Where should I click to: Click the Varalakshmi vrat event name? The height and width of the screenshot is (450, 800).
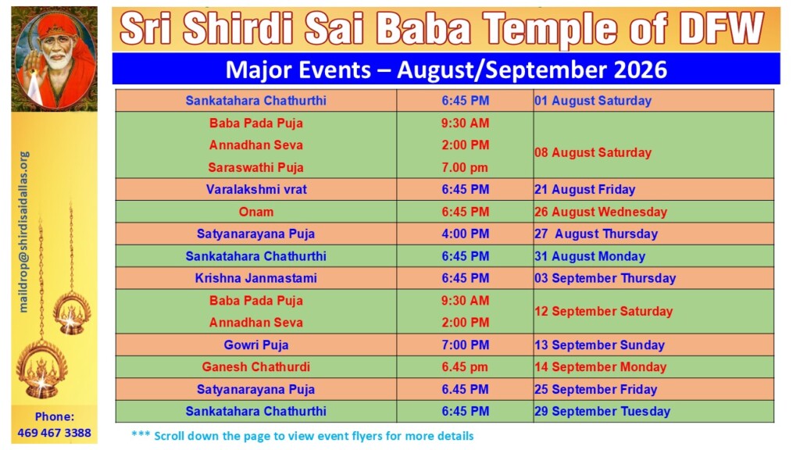pyautogui.click(x=256, y=189)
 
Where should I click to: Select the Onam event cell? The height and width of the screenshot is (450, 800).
pyautogui.click(x=256, y=212)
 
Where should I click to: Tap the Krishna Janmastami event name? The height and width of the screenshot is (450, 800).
pyautogui.click(x=256, y=278)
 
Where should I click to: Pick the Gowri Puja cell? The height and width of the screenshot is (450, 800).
pyautogui.click(x=256, y=345)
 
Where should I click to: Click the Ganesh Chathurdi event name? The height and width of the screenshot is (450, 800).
pyautogui.click(x=256, y=367)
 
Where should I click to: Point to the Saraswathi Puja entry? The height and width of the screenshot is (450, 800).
pyautogui.click(x=256, y=167)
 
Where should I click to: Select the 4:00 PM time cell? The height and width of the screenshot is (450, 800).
pyautogui.click(x=466, y=234)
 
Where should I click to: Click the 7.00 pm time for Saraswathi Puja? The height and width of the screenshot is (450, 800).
pyautogui.click(x=466, y=167)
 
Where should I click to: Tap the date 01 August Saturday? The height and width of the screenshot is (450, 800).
pyautogui.click(x=593, y=101)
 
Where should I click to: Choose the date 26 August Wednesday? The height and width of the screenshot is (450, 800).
pyautogui.click(x=601, y=212)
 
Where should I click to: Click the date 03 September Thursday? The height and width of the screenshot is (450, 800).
pyautogui.click(x=605, y=278)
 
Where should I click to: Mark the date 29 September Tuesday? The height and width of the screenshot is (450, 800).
pyautogui.click(x=602, y=411)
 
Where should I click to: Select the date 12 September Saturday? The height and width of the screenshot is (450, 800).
pyautogui.click(x=604, y=311)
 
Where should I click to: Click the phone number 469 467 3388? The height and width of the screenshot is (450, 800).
pyautogui.click(x=54, y=433)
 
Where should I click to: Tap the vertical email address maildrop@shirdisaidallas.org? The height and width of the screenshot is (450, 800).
pyautogui.click(x=23, y=231)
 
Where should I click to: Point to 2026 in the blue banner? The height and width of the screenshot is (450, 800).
pyautogui.click(x=641, y=70)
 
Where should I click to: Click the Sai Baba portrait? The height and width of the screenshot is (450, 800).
pyautogui.click(x=55, y=59)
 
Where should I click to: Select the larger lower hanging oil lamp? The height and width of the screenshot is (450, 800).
pyautogui.click(x=42, y=369)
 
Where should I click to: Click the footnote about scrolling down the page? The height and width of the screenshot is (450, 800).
pyautogui.click(x=302, y=436)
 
